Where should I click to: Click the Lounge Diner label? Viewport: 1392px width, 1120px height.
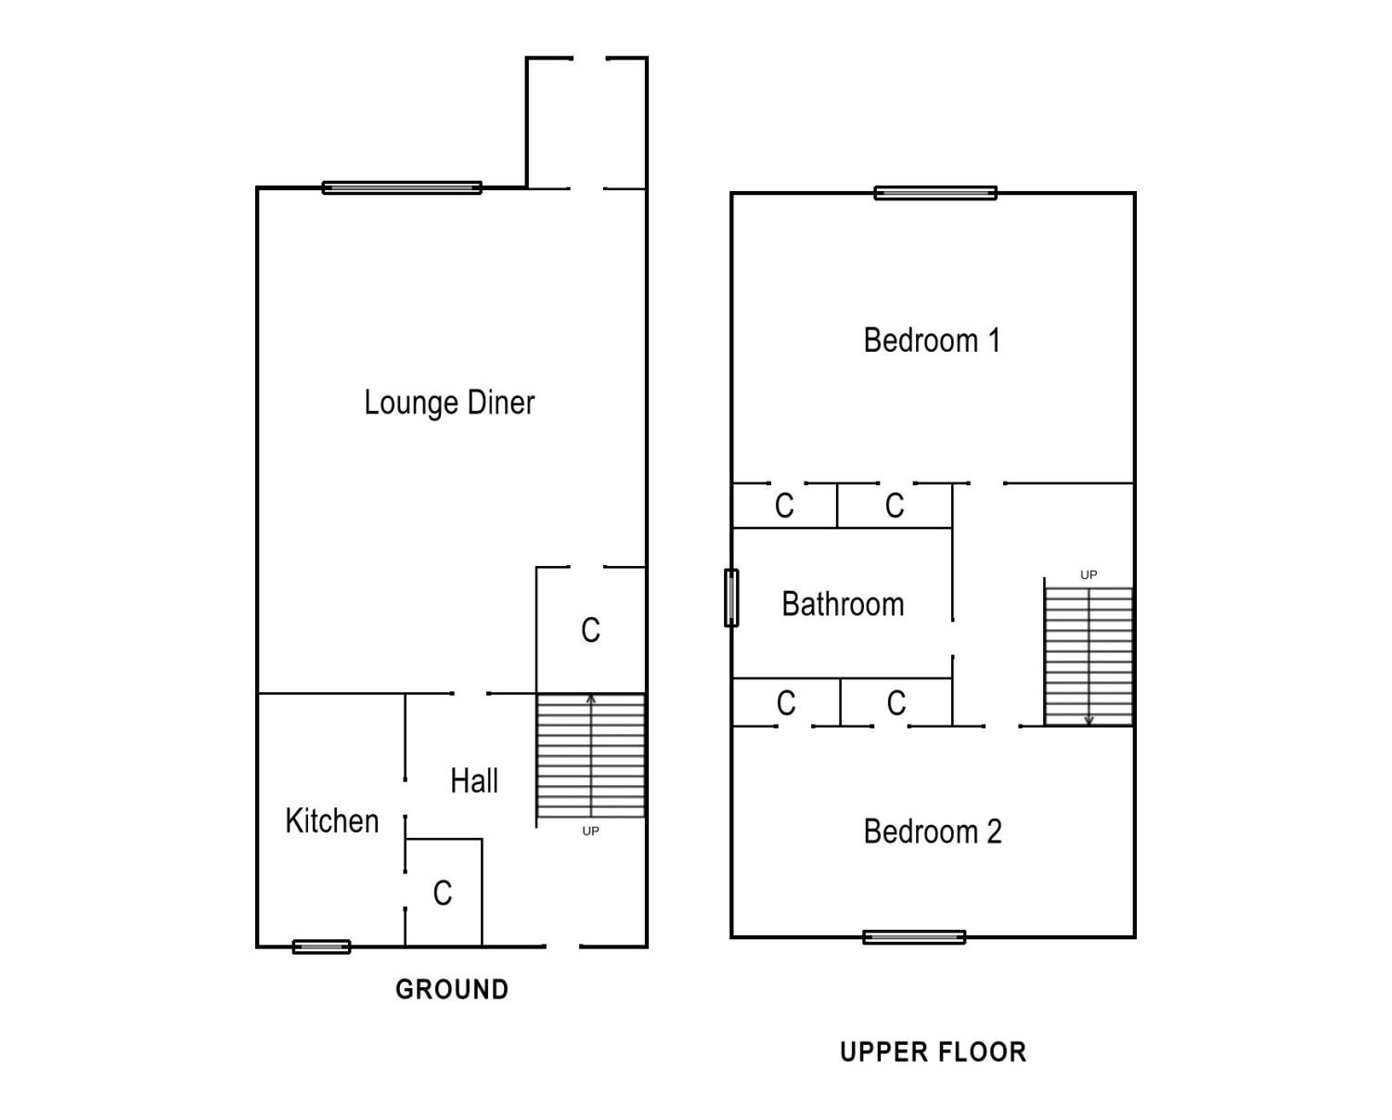pos(449,403)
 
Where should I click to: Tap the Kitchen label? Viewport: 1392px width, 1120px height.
pos(331,821)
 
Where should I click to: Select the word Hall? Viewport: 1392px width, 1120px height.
pos(473,781)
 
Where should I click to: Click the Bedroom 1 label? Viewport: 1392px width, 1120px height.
pos(932,341)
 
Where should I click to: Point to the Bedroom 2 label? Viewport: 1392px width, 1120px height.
pos(932,831)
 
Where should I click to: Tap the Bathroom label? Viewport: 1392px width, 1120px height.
pos(843,604)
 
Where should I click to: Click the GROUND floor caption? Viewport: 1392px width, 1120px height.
pos(452,989)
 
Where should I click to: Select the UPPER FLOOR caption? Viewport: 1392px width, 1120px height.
pos(933,1051)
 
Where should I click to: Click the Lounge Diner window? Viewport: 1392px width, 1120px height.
pos(402,187)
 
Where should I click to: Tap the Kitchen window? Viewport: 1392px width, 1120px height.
pos(321,946)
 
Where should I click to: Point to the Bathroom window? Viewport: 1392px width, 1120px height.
pos(731,598)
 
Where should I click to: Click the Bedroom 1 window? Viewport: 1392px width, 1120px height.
pos(935,193)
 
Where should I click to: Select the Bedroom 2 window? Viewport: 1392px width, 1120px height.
pos(914,937)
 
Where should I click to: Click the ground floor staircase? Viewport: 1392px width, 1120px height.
pos(591,756)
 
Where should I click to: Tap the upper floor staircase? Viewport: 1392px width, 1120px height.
pos(1089,654)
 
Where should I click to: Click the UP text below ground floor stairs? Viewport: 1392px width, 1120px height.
pos(590,831)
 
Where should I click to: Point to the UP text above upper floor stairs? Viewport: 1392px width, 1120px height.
pos(1089,574)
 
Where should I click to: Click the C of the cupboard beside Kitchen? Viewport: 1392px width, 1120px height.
pos(443,893)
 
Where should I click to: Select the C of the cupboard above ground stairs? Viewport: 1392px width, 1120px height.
pos(590,630)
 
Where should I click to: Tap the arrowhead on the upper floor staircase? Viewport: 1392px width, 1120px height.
pos(1089,720)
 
